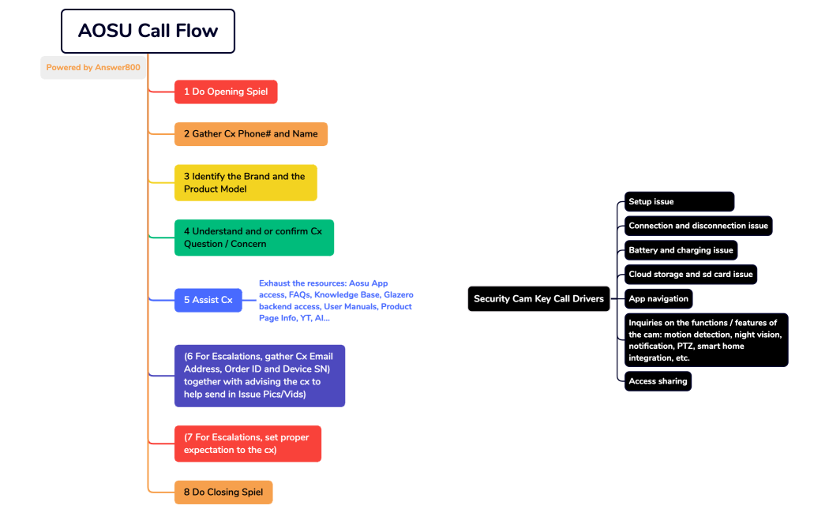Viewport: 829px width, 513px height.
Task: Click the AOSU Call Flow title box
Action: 148,31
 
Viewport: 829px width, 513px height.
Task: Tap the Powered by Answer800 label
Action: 93,68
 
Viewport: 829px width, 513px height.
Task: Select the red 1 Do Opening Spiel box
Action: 226,92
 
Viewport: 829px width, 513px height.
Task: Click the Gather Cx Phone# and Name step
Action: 250,134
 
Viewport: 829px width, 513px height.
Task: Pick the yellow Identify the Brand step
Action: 245,182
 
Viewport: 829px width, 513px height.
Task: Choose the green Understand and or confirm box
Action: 253,238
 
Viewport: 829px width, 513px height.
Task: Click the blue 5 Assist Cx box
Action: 208,300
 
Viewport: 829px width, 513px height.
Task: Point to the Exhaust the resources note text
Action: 336,301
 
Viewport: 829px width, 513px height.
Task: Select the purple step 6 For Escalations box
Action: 259,376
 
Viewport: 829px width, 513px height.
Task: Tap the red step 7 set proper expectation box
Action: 247,444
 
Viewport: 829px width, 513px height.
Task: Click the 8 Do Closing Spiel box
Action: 223,492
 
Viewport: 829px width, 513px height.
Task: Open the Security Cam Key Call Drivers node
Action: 538,299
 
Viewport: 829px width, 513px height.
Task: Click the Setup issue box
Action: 679,202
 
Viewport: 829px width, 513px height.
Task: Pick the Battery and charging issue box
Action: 681,250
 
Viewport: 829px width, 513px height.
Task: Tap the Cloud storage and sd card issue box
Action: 690,275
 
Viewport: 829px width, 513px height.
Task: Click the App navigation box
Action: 658,299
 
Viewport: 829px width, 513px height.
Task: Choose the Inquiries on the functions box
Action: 706,340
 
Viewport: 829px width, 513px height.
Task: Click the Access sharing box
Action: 658,381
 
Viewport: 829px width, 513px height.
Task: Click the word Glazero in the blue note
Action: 399,294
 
